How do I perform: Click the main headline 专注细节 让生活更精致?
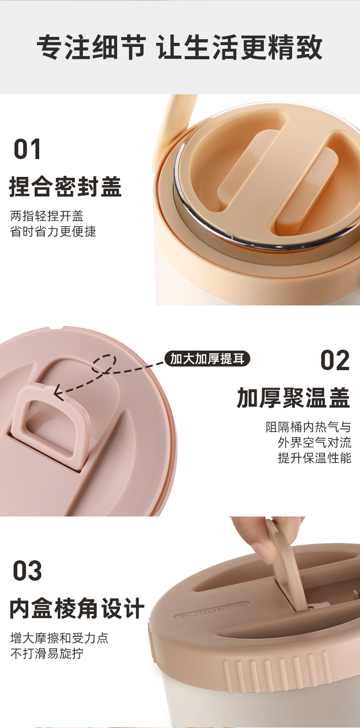click(x=180, y=47)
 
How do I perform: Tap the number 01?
click(x=27, y=149)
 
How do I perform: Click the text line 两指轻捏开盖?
click(x=47, y=216)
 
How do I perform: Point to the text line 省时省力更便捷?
click(x=53, y=232)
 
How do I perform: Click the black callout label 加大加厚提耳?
click(x=207, y=359)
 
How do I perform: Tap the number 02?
click(x=335, y=361)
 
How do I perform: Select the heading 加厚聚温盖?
click(x=293, y=398)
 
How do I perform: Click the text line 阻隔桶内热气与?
click(x=309, y=427)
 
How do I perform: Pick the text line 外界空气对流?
click(x=314, y=443)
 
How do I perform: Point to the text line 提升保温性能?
click(x=314, y=458)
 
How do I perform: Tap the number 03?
click(x=27, y=571)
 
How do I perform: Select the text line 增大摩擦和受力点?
click(x=59, y=638)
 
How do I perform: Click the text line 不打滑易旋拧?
click(x=47, y=653)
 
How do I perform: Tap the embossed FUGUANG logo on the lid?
click(x=212, y=609)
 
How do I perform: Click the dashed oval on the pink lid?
click(x=104, y=364)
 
